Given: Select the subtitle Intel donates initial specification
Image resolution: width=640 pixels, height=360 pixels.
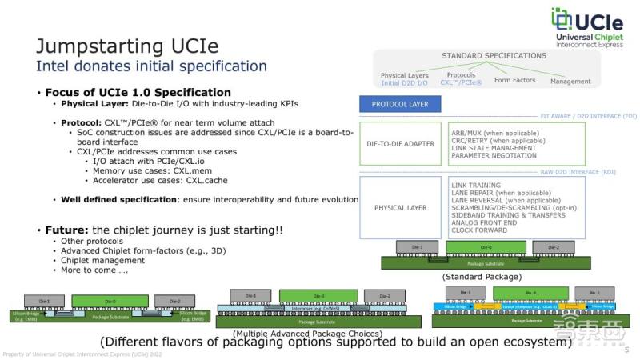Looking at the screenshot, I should coord(141,66).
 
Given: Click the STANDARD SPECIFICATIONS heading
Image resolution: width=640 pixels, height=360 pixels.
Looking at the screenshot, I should coord(494,55).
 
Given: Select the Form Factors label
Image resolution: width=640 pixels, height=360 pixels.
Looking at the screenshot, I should coord(514,81).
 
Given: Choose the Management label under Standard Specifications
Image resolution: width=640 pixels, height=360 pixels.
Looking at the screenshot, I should coord(570,81).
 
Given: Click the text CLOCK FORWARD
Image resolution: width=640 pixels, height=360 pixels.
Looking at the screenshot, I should coord(478,230).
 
